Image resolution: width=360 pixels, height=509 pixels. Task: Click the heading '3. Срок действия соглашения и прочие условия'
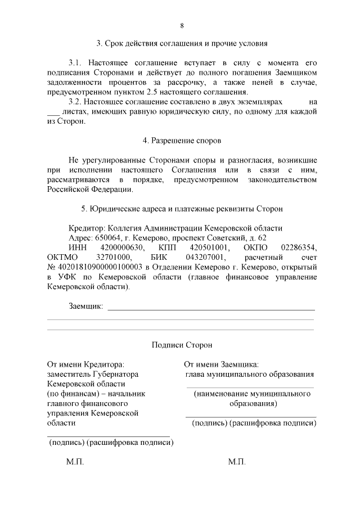tap(182, 43)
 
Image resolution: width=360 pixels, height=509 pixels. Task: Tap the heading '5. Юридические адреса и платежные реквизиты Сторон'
tap(182, 209)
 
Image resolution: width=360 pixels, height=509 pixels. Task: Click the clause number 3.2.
tap(75, 102)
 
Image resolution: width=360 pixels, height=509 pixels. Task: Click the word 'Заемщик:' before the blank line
tap(85, 307)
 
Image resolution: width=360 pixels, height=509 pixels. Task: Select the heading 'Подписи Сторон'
tap(182, 345)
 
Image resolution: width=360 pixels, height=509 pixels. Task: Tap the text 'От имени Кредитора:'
tap(85, 364)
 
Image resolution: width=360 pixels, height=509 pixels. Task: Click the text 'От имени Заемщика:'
tap(221, 364)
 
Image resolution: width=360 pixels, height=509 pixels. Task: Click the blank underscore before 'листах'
tap(53, 113)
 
